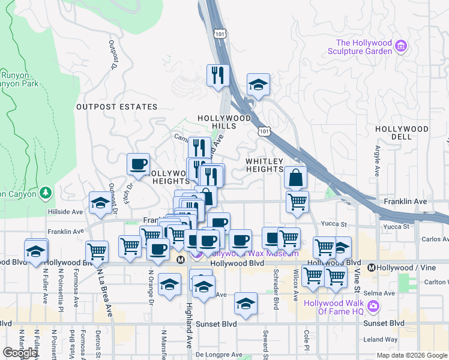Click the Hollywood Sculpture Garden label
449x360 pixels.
click(364, 47)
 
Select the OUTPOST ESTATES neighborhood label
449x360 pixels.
click(116, 107)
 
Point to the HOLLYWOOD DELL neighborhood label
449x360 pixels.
click(402, 133)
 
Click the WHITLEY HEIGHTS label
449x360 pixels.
click(264, 165)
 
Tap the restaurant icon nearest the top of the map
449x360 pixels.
click(218, 76)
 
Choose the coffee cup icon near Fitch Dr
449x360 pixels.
click(138, 164)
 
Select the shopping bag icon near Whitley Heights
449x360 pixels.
click(296, 177)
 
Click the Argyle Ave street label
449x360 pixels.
click(378, 161)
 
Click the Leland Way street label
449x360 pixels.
click(381, 340)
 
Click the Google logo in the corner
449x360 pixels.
click(19, 353)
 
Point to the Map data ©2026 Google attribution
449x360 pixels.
click(411, 355)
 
